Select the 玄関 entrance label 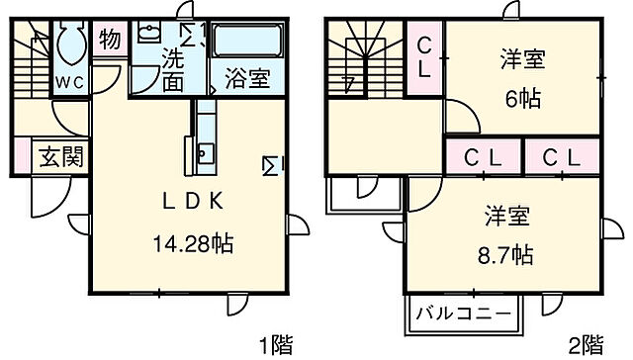61,156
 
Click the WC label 68,81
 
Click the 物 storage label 110,41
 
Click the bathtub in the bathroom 248,42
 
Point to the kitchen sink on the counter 206,153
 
